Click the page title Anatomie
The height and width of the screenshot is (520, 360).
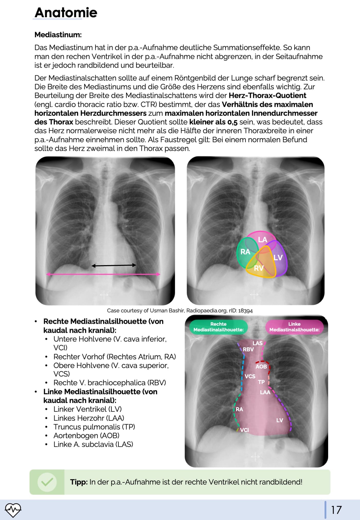[x=66, y=13]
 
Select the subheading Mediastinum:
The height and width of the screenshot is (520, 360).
[x=58, y=35]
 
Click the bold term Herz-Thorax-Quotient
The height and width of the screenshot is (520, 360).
[x=267, y=95]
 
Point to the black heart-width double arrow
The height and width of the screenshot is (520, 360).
[x=114, y=265]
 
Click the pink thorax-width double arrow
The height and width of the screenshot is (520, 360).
[x=103, y=274]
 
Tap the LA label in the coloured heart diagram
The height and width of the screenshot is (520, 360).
[x=263, y=240]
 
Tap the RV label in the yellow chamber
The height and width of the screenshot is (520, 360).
[x=259, y=268]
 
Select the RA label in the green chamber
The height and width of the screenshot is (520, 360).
[x=245, y=252]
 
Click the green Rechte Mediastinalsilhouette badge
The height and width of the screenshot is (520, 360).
[x=219, y=327]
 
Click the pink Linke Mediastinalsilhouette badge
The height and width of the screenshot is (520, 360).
[x=294, y=327]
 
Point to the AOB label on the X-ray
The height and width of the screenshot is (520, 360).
[x=261, y=366]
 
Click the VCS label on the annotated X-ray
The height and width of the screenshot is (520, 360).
[x=250, y=376]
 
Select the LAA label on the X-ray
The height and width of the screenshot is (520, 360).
[x=265, y=392]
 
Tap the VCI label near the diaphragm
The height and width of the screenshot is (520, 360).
[x=245, y=430]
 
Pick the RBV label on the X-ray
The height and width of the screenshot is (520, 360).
[x=248, y=349]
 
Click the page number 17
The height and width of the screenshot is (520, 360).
[x=336, y=510]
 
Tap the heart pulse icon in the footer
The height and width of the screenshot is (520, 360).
[x=13, y=510]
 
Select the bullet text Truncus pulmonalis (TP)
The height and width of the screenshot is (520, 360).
[x=94, y=427]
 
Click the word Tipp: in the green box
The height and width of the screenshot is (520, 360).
[x=79, y=482]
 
